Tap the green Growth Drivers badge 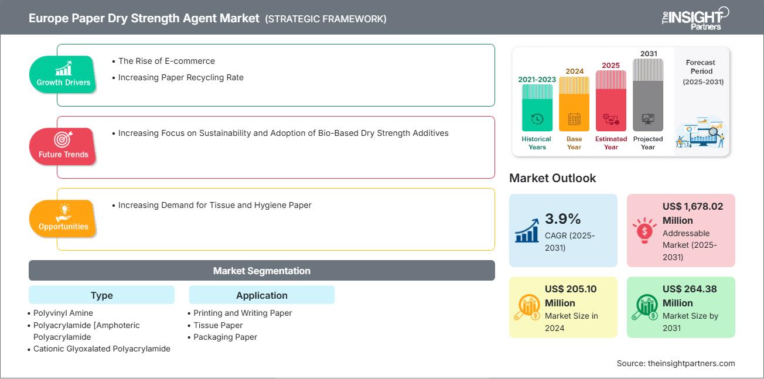(63, 74)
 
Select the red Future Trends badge (63, 146)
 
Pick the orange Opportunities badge (63, 218)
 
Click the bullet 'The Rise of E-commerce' (166, 61)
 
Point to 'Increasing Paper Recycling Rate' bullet (181, 77)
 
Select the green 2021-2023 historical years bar (537, 107)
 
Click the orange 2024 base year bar (574, 104)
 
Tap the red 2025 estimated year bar (611, 101)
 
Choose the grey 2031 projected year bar (648, 95)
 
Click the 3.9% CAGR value (563, 218)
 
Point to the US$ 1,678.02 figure (693, 206)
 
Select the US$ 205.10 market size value (571, 289)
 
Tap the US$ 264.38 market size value (690, 289)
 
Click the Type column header (101, 295)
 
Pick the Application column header (262, 295)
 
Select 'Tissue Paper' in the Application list (218, 325)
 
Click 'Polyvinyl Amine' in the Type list (63, 313)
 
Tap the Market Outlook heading (552, 178)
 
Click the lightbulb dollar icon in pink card (644, 230)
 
